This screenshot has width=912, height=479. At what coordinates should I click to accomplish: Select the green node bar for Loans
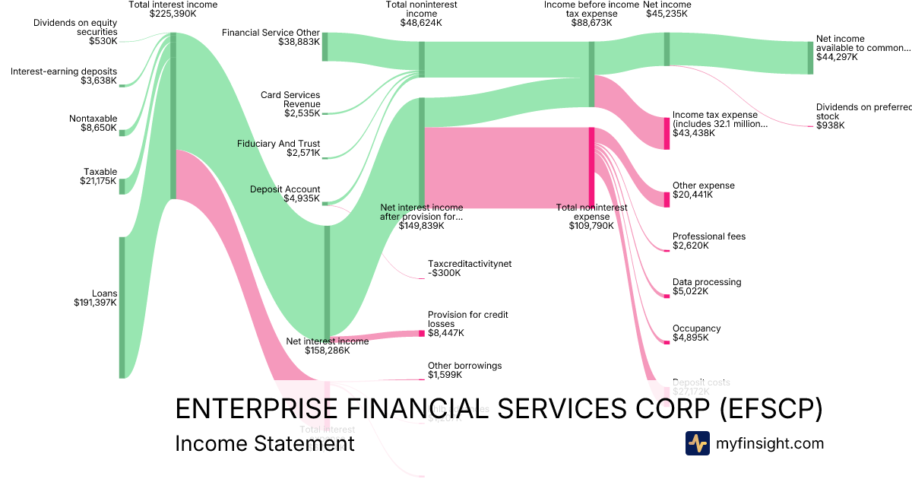tap(122, 307)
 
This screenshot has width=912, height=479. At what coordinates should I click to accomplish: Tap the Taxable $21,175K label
tap(100, 176)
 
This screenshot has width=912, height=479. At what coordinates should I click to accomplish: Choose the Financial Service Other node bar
tap(325, 46)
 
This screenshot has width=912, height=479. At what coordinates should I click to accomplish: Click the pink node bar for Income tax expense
tap(667, 134)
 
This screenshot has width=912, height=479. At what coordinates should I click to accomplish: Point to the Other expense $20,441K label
tap(703, 190)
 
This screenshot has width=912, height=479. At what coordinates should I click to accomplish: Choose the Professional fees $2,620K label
tap(708, 241)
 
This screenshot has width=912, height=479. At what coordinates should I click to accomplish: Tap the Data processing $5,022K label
tap(706, 287)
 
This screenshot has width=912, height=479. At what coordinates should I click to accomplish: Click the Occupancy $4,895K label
tap(696, 333)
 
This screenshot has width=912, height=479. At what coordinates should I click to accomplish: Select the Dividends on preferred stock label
tap(863, 116)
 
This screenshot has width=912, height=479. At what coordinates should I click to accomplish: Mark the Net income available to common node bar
tap(810, 58)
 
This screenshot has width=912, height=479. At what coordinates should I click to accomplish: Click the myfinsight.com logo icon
tap(697, 443)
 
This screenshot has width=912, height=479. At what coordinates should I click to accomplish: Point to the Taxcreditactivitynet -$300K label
tap(470, 268)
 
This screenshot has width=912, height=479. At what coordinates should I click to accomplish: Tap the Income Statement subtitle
tap(264, 443)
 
